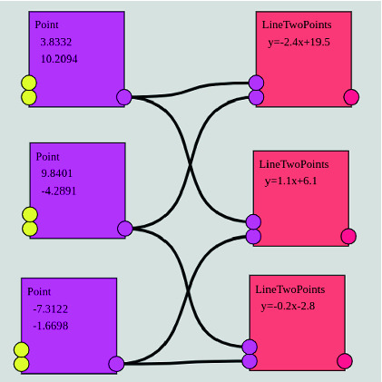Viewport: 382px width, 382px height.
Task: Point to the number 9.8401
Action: coord(57,172)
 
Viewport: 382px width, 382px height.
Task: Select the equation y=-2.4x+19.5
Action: coord(298,42)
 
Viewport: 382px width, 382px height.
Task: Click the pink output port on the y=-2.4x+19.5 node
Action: coord(351,98)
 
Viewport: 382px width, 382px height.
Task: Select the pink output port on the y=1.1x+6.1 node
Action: coord(348,237)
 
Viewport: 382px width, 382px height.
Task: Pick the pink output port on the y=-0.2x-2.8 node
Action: coord(345,361)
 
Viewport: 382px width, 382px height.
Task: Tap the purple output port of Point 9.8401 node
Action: coord(124,229)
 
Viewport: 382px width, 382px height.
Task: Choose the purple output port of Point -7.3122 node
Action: coord(116,365)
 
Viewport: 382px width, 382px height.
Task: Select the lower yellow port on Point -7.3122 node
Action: coord(23,365)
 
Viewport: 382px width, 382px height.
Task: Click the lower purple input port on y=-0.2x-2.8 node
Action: coord(250,361)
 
